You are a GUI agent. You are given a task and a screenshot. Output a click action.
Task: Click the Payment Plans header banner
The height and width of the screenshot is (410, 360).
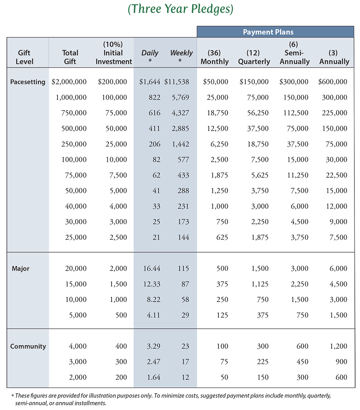275,32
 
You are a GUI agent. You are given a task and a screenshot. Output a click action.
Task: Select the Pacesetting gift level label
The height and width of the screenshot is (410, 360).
28,82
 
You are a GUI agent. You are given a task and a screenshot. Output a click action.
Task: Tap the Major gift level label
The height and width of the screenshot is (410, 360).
20,269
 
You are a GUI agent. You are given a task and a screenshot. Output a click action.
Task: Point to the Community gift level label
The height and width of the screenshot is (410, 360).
28,346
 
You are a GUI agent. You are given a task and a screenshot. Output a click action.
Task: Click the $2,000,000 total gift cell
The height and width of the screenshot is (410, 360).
69,82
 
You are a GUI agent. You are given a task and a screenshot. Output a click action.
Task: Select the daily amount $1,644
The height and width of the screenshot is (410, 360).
150,82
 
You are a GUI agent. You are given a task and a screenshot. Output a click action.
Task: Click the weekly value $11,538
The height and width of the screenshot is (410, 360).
176,82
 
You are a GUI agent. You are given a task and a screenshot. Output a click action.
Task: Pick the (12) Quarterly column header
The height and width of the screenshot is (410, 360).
254,57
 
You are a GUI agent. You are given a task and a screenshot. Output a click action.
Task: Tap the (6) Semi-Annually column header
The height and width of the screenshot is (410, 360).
294,53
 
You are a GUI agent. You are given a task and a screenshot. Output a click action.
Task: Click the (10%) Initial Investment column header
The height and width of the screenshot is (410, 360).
114,53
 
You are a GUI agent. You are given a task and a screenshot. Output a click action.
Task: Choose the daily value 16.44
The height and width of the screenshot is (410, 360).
152,269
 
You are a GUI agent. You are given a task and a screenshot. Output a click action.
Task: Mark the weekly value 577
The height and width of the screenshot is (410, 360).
183,159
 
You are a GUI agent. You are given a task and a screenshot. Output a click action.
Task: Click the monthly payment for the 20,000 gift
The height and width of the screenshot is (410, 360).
222,269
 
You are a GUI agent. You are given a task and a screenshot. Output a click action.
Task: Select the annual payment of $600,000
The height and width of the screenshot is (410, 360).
332,82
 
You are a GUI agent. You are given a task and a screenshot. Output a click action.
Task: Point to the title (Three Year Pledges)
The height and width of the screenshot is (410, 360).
180,9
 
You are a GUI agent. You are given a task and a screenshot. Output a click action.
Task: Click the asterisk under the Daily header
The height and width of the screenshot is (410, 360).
150,61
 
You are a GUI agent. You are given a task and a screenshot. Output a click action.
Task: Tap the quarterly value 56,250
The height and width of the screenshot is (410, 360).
258,113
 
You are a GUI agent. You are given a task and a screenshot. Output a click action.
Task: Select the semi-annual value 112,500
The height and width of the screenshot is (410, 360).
296,113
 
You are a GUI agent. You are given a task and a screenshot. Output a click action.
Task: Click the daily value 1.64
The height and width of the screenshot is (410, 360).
154,377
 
